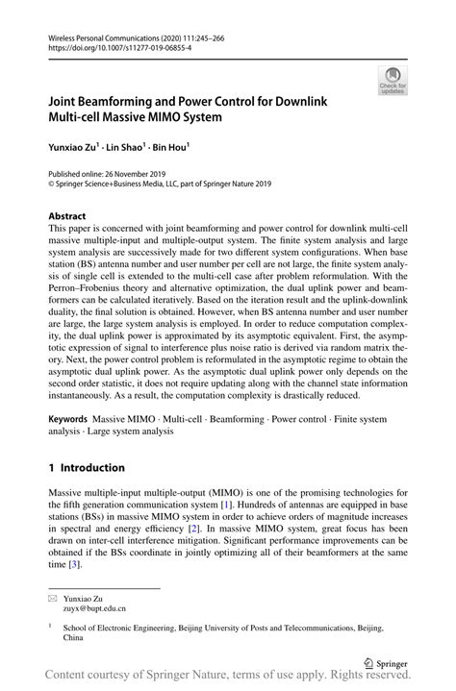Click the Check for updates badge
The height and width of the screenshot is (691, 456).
392,81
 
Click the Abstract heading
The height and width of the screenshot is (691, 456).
67,216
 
